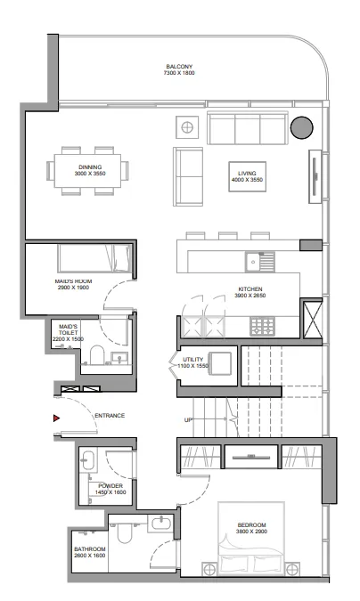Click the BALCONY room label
(x=179, y=69)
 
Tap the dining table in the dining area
(x=89, y=168)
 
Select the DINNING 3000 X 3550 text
(x=89, y=168)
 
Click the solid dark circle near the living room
(x=302, y=127)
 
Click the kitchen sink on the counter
(x=259, y=263)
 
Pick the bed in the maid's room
(x=96, y=259)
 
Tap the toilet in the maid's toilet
(x=96, y=358)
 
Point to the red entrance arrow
(x=56, y=417)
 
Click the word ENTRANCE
(x=109, y=416)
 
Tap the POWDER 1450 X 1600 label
(x=111, y=488)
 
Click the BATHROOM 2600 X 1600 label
(x=90, y=552)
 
